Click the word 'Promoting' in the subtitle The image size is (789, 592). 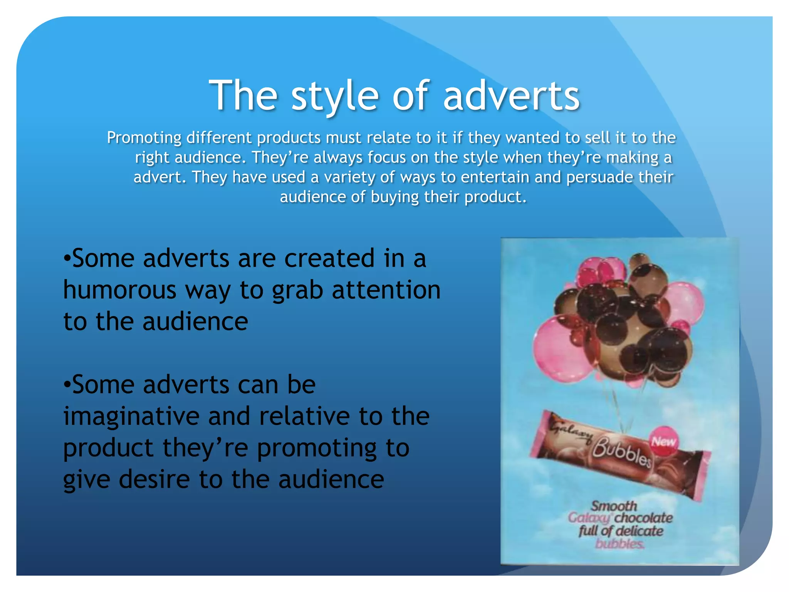144,138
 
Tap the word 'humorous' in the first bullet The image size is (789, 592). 119,290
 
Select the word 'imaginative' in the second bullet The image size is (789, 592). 131,416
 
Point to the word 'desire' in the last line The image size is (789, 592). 154,479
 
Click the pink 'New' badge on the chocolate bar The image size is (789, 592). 663,442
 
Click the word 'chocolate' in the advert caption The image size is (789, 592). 643,518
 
